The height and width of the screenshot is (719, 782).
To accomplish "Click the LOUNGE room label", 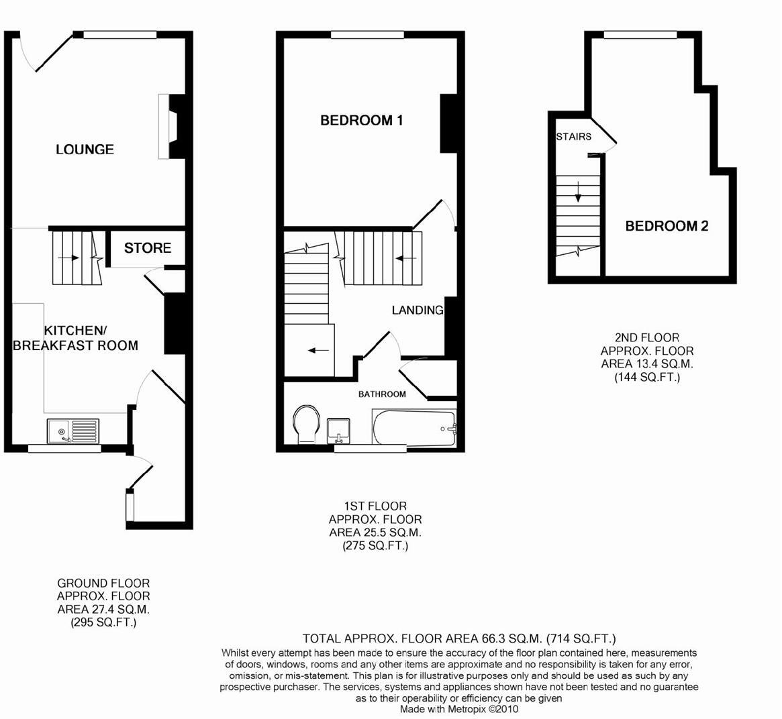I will click(x=85, y=149).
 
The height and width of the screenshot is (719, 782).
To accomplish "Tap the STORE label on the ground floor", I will click(x=148, y=248).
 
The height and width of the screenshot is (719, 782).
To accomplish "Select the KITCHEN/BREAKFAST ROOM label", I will click(x=75, y=338).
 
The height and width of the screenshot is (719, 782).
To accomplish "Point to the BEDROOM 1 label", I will click(x=361, y=121).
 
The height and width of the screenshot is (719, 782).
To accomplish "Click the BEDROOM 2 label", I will click(x=667, y=226).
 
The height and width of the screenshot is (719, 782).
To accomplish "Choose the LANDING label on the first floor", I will click(x=418, y=310).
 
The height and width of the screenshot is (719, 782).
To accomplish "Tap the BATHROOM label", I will click(x=381, y=394).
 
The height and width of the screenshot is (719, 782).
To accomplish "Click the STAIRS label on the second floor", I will click(x=573, y=137).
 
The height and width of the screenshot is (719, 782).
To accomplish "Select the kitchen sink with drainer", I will click(x=72, y=431).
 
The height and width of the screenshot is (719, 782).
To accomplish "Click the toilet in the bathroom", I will click(x=306, y=425).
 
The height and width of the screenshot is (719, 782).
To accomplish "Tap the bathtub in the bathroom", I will click(x=414, y=427).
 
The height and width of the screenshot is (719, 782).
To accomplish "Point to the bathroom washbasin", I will click(x=339, y=430).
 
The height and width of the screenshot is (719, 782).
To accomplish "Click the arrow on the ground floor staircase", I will click(x=68, y=258).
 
